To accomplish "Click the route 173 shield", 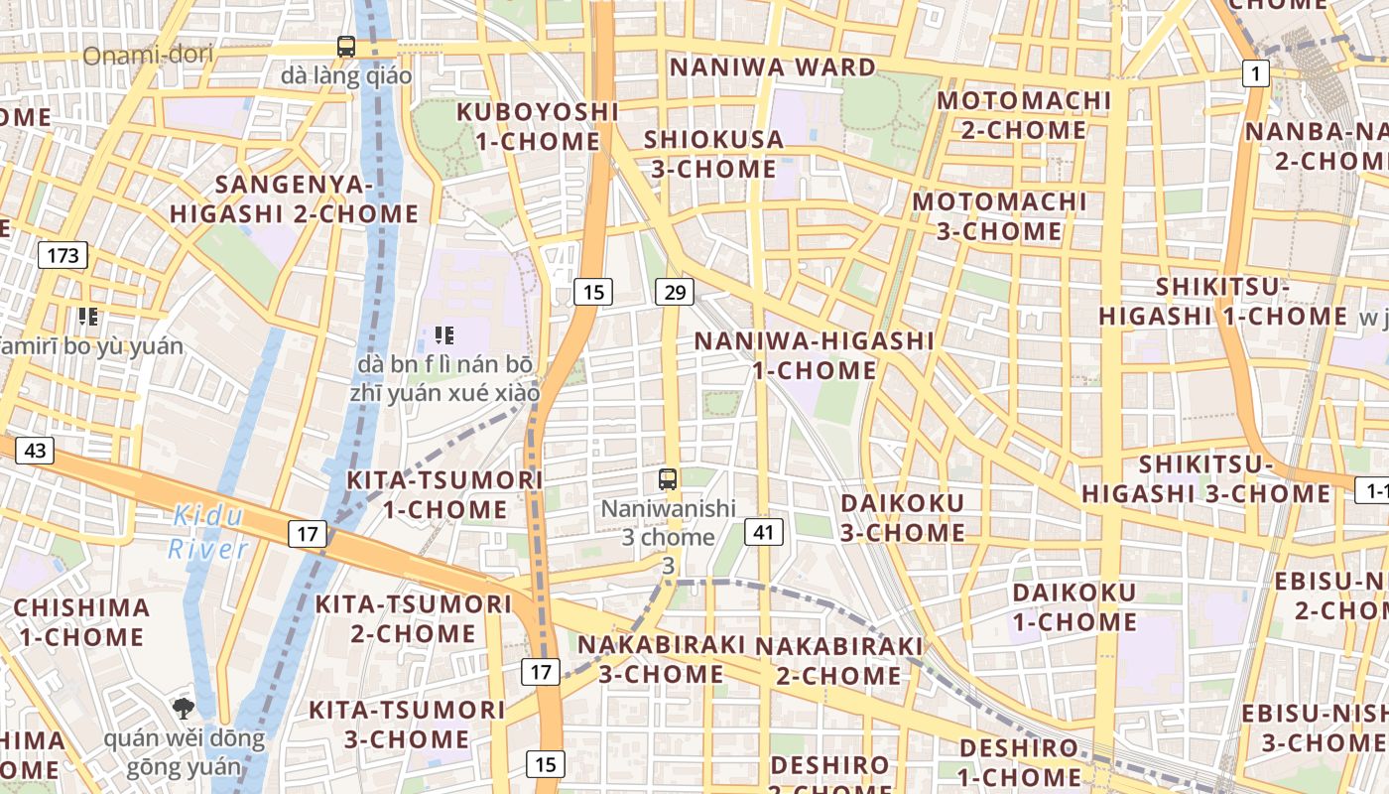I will [63, 255].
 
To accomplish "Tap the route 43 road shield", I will [35, 451].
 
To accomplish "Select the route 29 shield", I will [675, 292].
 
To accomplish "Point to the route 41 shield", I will [762, 532].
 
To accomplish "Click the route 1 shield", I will [1256, 72].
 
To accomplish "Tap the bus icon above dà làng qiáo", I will [345, 46].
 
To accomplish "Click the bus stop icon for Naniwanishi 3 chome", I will [668, 479].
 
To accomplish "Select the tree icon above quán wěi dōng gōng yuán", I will [183, 708].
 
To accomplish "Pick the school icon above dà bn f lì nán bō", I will [443, 335].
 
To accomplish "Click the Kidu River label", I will [207, 532].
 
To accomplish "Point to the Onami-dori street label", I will [148, 55].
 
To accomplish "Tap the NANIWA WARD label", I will [773, 67].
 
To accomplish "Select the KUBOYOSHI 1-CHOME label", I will [538, 126].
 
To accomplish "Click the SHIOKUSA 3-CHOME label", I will [713, 154].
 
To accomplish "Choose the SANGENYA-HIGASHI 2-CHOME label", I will [294, 198].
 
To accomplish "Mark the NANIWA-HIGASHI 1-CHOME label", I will [814, 355].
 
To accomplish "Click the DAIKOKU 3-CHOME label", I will [903, 517].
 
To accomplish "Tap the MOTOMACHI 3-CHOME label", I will [999, 216].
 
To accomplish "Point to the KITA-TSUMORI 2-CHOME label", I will [413, 617].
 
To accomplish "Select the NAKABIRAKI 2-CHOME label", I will [839, 660].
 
